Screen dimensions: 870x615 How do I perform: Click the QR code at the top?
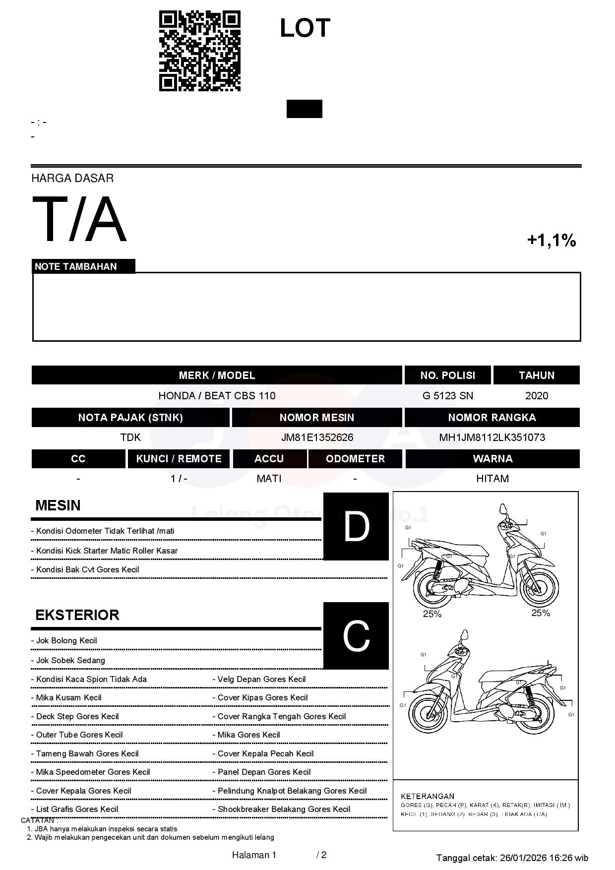point(199,51)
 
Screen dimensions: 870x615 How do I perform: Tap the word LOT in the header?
point(305,28)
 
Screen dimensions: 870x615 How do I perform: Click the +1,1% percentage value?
point(551,241)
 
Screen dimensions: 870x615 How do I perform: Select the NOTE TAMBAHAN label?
point(76,266)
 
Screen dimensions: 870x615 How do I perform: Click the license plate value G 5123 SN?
point(447,396)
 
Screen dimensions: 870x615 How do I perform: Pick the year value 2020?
point(536,396)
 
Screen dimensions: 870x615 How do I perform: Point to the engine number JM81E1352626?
point(317,437)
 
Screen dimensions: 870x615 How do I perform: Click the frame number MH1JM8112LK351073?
point(492,437)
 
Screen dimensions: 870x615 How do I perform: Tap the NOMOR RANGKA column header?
point(492,418)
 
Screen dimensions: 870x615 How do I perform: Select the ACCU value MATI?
point(269,479)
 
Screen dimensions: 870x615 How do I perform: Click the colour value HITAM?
point(492,479)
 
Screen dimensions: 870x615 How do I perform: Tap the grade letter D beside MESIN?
point(356,526)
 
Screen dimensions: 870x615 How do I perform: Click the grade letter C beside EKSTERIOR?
point(356,636)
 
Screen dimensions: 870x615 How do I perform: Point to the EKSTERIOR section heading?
point(77,615)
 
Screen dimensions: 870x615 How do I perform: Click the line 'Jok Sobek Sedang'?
point(70,660)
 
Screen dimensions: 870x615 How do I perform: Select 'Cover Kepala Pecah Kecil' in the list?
point(265,753)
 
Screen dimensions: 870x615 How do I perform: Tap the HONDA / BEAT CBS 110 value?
point(217,396)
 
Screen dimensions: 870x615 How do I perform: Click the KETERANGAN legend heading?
point(427,796)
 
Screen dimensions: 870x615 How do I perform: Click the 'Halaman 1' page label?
point(254,855)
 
